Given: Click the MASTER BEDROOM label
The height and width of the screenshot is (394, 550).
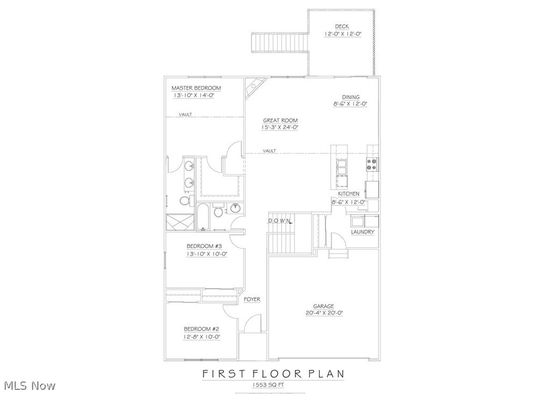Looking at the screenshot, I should [x=196, y=88].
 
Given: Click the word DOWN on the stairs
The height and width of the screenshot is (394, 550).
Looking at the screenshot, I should [x=280, y=220].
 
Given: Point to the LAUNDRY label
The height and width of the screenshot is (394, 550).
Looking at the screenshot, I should [x=363, y=232].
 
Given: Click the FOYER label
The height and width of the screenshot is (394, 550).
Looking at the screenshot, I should [x=252, y=299].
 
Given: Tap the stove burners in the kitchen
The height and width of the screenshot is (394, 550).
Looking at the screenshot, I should [x=372, y=164].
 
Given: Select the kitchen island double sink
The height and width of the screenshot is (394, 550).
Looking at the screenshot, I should [x=342, y=168].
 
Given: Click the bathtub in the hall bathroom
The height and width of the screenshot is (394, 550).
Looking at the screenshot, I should [x=202, y=217].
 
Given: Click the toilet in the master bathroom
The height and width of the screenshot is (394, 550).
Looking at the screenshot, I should [x=184, y=200].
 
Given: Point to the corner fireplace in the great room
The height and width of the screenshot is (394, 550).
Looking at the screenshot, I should [x=254, y=87].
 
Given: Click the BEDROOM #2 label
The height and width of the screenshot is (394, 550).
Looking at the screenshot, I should [x=202, y=329].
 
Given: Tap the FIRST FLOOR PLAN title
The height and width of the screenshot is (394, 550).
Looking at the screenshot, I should [x=272, y=373].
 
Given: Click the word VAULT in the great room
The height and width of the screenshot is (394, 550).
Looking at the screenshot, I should [x=270, y=151].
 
